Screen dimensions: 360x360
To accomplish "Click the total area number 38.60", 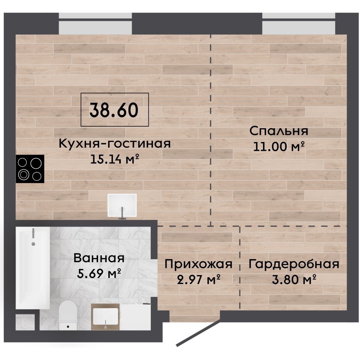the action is tap(114, 110).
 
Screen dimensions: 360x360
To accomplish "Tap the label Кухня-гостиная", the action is tap(115, 143).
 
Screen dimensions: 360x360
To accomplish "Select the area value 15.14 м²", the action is tap(115, 159).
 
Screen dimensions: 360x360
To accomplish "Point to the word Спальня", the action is tap(279, 131).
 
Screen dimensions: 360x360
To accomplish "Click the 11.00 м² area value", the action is tap(279, 146).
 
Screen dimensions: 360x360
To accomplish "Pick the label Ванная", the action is tap(99, 258).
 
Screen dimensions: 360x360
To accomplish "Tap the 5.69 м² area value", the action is tap(99, 273).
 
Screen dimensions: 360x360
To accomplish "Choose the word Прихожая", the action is tap(199, 264).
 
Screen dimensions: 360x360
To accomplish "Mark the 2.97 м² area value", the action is tap(199, 279).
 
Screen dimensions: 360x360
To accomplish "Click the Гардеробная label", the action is tap(294, 264).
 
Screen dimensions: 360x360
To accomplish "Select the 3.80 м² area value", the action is tap(294, 279).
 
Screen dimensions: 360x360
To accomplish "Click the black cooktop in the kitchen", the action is tap(30, 169).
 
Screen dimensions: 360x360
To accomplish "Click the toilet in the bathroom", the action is tap(67, 315).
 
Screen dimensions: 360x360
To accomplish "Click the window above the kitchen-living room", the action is tap(96, 24).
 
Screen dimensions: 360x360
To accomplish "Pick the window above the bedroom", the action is tap(299, 24).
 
